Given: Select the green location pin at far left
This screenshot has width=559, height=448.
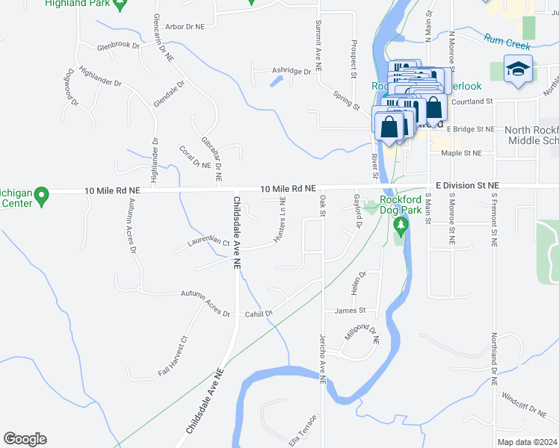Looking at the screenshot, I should pos(42,197).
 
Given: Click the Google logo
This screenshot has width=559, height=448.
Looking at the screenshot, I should pos(25,439).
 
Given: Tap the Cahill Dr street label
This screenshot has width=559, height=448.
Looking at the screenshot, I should pos(259,314).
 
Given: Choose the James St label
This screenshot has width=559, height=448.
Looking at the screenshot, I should pos(350,311).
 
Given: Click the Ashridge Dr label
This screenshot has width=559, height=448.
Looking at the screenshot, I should pos(291,72).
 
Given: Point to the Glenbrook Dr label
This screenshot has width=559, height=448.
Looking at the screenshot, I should pos(119,46).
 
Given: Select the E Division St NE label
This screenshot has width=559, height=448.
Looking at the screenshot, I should pos(462,185).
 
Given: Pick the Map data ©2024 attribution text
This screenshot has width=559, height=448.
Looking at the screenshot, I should pos(528,442).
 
